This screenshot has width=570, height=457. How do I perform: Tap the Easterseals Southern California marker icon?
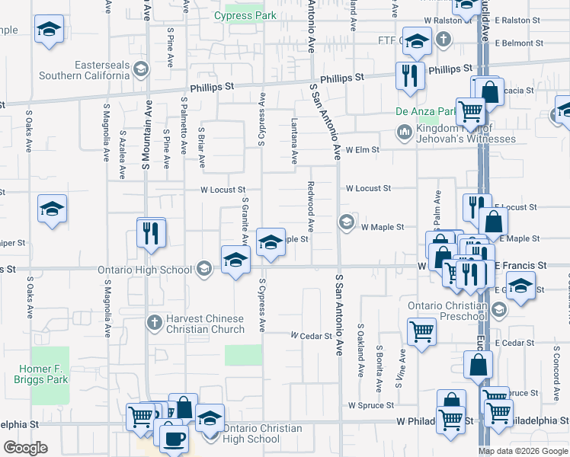point(140,70)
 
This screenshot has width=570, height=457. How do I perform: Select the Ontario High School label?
point(145,270)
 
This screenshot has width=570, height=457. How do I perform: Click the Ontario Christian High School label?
point(252,433)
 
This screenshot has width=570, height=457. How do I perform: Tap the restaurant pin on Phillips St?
point(410,75)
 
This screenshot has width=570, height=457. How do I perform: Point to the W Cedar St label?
point(312,335)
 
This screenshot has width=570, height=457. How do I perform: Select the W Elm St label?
point(362,150)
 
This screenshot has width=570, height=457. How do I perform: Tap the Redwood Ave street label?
point(311,206)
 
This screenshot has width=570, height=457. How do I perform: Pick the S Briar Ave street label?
point(201,148)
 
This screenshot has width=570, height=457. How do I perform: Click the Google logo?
point(25,447)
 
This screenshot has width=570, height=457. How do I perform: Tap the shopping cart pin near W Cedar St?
point(421,331)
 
